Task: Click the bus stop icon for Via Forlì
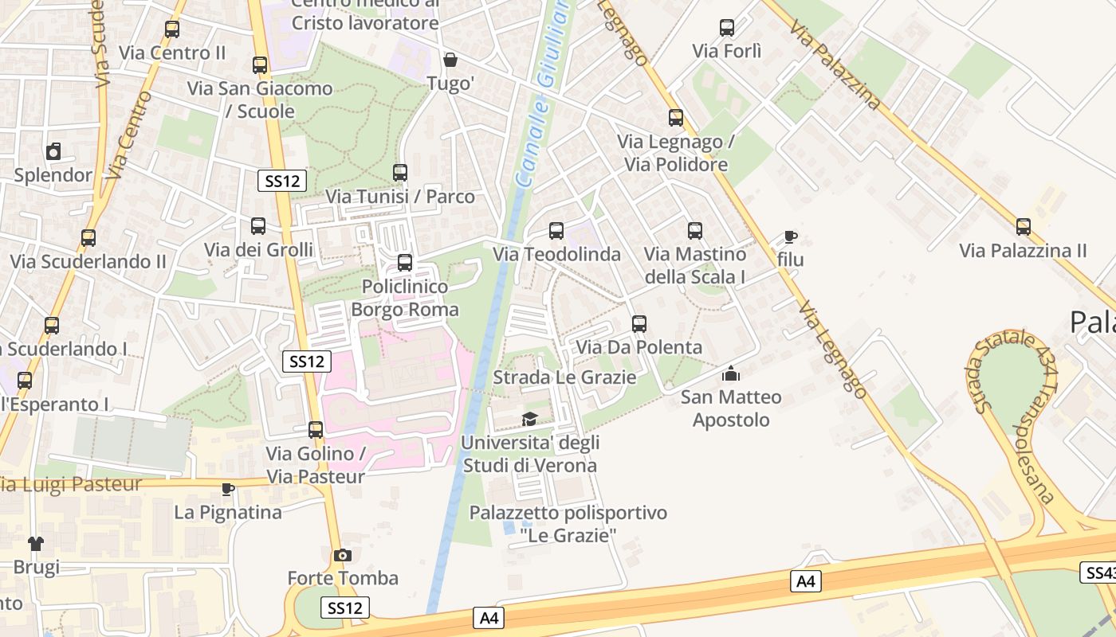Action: click(x=727, y=29)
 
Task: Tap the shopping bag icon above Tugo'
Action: click(x=450, y=60)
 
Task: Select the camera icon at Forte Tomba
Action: click(x=343, y=555)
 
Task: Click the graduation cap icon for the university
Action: click(x=529, y=419)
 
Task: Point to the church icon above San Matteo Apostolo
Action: click(x=731, y=373)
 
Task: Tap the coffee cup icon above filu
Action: click(x=790, y=236)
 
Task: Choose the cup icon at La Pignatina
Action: click(x=228, y=488)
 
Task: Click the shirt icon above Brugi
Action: click(x=36, y=544)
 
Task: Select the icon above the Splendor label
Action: click(x=53, y=151)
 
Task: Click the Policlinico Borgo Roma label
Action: click(x=405, y=298)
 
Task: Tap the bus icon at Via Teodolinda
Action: click(x=556, y=231)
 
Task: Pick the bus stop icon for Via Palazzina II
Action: click(x=1024, y=227)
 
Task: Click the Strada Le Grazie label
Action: click(x=564, y=377)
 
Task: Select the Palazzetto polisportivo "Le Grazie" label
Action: click(x=568, y=524)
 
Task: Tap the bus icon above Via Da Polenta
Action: click(x=639, y=324)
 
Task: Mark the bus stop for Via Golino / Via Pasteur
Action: click(x=316, y=430)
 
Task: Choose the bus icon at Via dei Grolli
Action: click(x=258, y=226)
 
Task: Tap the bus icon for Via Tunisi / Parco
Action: click(x=400, y=172)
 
